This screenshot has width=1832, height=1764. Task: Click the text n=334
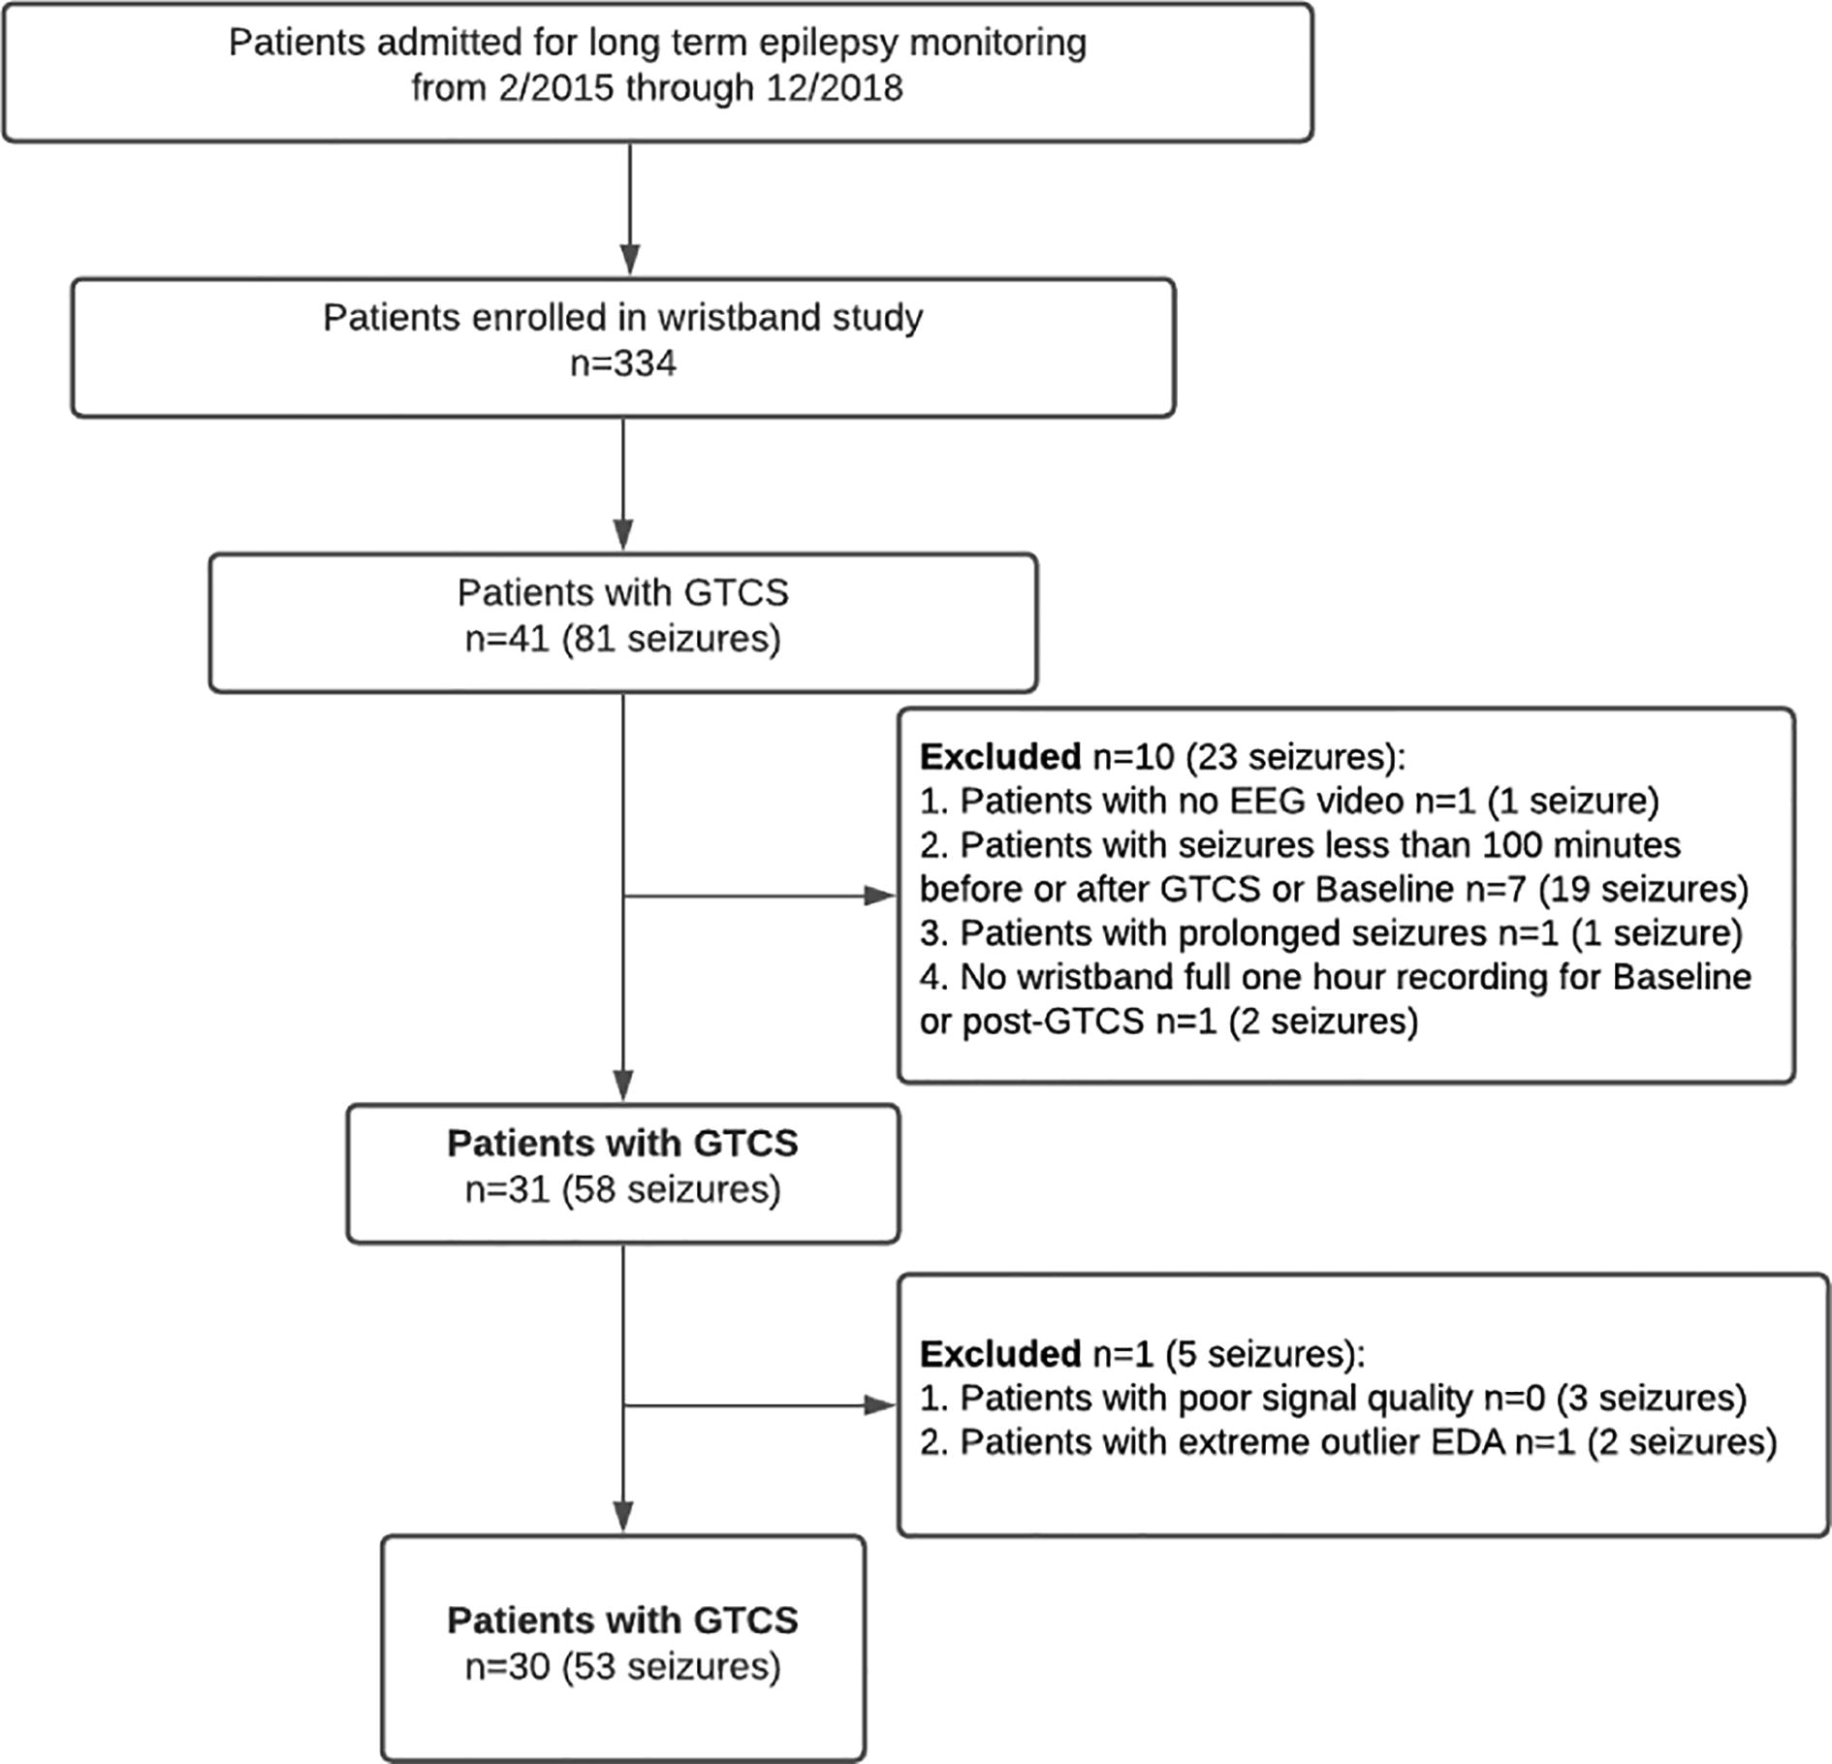click(623, 363)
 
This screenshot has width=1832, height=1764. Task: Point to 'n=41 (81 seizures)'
click(623, 640)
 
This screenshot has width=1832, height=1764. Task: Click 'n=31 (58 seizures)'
click(623, 1189)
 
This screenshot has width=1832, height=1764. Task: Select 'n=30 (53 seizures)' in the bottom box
click(623, 1666)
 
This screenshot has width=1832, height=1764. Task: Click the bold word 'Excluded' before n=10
click(1000, 756)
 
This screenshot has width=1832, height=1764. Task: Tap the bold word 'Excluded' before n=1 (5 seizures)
click(1000, 1353)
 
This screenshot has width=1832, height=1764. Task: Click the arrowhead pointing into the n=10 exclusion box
click(880, 897)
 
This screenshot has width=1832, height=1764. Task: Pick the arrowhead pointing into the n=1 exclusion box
click(880, 1405)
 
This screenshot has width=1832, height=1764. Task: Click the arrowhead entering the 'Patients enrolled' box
click(630, 260)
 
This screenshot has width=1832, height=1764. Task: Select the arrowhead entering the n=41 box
click(623, 535)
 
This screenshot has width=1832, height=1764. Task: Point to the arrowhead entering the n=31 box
click(623, 1086)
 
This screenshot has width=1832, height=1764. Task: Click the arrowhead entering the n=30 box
click(623, 1516)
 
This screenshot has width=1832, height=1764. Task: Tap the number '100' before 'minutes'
click(1512, 845)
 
